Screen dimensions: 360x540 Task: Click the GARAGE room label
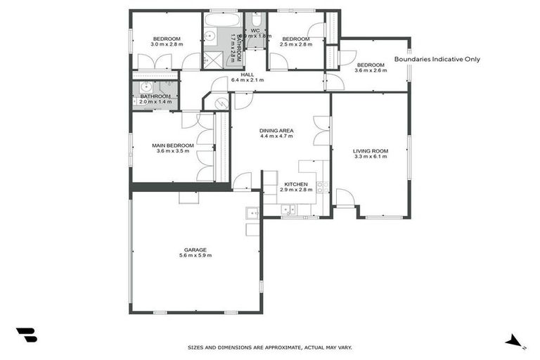coord(195,249)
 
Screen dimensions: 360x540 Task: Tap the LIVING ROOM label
coord(370,151)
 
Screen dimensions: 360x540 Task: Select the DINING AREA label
coord(276,131)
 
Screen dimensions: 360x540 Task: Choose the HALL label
coord(247,74)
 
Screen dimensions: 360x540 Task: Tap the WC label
coord(255,31)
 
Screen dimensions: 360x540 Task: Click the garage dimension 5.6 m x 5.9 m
coord(195,255)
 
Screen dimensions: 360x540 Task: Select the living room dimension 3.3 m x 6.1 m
coord(370,157)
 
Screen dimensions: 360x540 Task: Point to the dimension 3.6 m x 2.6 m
coord(370,70)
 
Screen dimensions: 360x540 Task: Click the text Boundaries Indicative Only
coord(437,60)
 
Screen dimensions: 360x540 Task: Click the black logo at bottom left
coord(26,335)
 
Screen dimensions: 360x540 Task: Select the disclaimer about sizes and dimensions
coord(269,347)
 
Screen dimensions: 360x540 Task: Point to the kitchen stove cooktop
coord(321,187)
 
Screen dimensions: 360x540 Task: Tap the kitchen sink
coord(288,209)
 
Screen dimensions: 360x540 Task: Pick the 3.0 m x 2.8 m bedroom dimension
coord(167,44)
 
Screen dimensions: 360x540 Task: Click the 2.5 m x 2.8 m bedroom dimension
coord(295,44)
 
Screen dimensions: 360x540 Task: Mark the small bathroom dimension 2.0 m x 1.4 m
coord(155,102)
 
